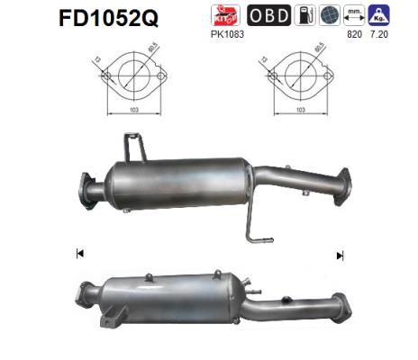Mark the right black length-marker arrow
340,256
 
